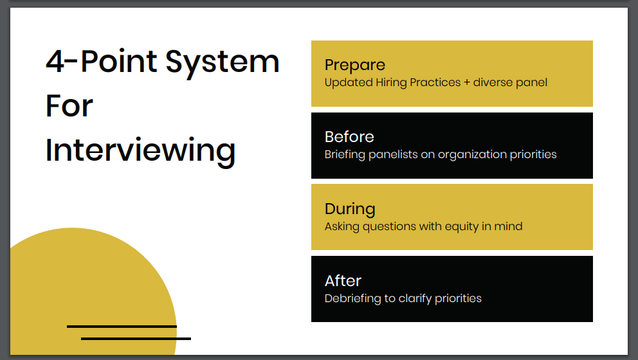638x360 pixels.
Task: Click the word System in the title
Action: pyautogui.click(x=223, y=62)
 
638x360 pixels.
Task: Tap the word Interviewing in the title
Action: pyautogui.click(x=140, y=150)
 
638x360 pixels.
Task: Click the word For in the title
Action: pyautogui.click(x=69, y=106)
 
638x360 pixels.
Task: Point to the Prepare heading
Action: pyautogui.click(x=354, y=65)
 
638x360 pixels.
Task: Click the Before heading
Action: pyautogui.click(x=349, y=137)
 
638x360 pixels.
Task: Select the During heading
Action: pyautogui.click(x=350, y=209)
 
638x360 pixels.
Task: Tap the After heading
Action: pyautogui.click(x=343, y=281)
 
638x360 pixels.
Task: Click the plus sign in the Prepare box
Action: pyautogui.click(x=467, y=82)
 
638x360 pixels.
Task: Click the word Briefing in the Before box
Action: pyautogui.click(x=345, y=154)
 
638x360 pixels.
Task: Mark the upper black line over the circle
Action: pyautogui.click(x=122, y=327)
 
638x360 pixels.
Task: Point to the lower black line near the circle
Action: pyautogui.click(x=136, y=338)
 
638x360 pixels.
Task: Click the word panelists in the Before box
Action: pyautogui.click(x=393, y=154)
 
